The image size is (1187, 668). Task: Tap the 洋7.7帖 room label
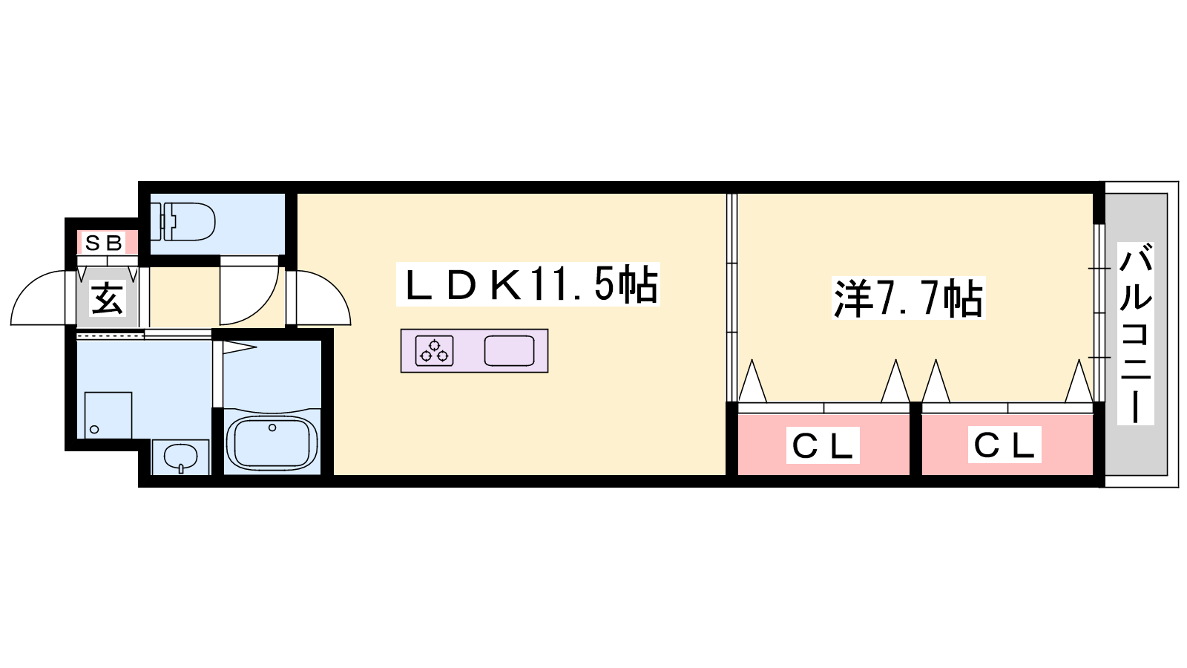[x=908, y=298]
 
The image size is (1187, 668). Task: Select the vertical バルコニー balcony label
[x=1136, y=334]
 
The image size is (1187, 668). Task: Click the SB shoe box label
[x=105, y=243]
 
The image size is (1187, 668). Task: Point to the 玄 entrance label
[x=108, y=298]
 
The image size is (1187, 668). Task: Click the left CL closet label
[x=823, y=445]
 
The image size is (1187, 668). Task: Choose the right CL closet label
[x=1004, y=445]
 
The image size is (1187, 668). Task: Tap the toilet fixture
[x=183, y=221]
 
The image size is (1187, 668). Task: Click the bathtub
[x=272, y=443]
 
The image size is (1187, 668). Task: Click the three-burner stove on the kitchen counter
[x=435, y=350]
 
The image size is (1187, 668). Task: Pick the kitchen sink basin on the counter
[x=509, y=350]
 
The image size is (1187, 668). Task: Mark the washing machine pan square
[x=108, y=415]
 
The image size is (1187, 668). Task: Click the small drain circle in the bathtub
[x=272, y=428]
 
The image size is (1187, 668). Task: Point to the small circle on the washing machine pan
[x=94, y=430]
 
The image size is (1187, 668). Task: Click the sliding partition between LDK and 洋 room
[x=731, y=298]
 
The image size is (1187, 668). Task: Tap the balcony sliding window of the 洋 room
[x=1099, y=312]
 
